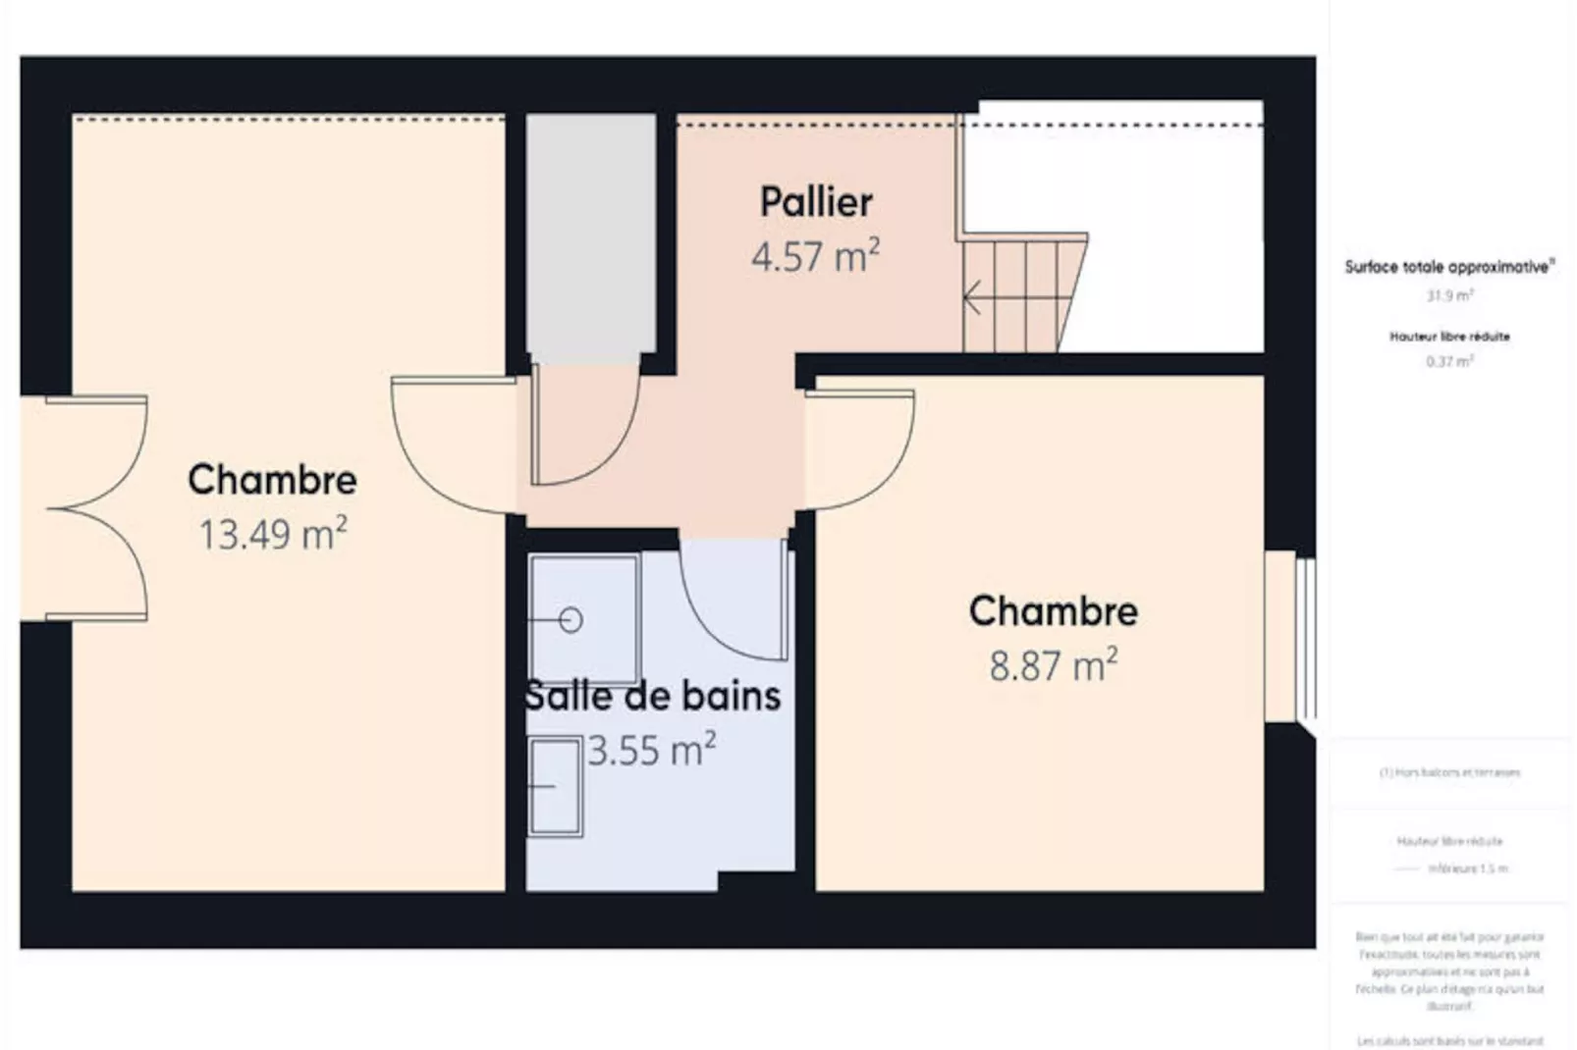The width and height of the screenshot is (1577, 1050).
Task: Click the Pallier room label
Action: (815, 203)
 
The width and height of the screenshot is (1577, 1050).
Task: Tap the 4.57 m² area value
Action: (815, 257)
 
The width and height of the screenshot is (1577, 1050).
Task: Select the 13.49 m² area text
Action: (273, 535)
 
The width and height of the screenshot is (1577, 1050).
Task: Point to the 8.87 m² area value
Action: (1053, 666)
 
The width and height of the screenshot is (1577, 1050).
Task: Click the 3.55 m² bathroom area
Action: (652, 751)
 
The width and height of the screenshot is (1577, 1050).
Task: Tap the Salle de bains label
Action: (652, 696)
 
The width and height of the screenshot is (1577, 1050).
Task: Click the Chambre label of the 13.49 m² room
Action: (273, 480)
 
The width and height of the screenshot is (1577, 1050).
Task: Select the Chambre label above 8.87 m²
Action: (1053, 611)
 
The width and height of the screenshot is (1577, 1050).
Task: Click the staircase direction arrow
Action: (973, 296)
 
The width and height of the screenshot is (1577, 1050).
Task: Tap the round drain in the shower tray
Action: (571, 620)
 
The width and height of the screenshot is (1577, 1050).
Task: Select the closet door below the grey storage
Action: (585, 427)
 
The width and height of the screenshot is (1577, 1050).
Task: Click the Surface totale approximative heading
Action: (1449, 267)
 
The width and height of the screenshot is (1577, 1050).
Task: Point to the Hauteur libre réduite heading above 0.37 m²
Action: (1449, 337)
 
